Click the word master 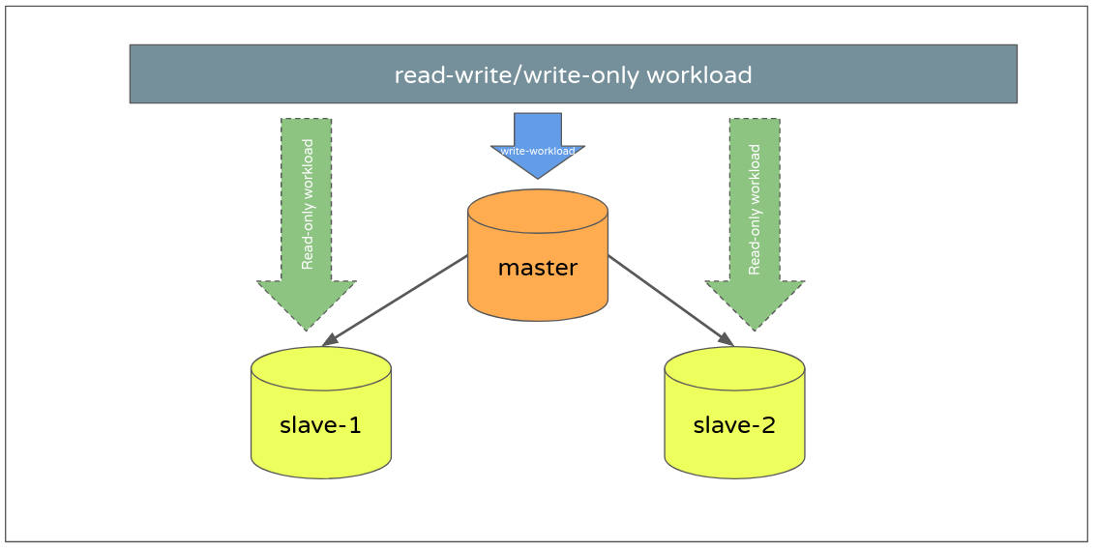coord(537,268)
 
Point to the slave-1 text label coord(320,424)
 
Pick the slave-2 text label coord(734,424)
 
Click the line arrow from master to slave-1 coord(397,299)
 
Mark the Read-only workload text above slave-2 coord(756,209)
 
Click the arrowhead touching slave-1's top coord(330,339)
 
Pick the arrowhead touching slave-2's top coord(726,338)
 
